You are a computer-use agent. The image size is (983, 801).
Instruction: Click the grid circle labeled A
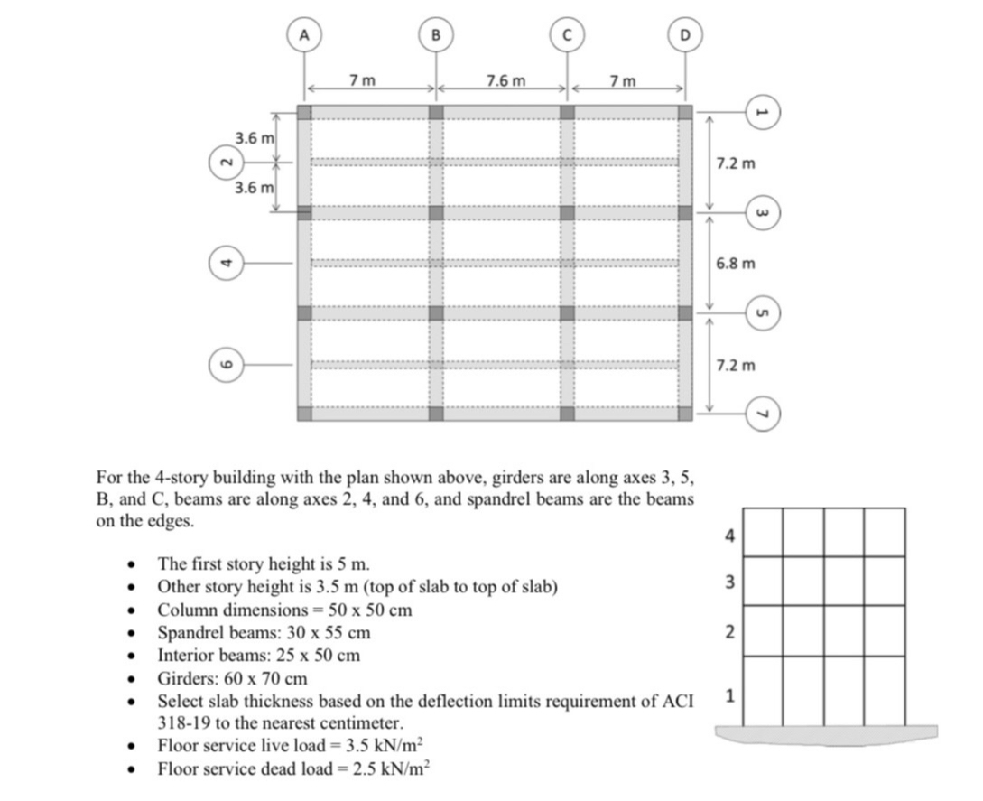coord(304,35)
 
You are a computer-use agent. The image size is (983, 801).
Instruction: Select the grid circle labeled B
coord(436,35)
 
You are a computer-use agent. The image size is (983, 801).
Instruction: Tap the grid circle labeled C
coord(567,35)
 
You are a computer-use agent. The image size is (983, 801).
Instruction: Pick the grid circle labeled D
coord(684,35)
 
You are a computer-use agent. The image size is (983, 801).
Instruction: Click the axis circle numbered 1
coord(761,113)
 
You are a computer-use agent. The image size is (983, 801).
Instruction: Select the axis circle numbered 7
coord(761,414)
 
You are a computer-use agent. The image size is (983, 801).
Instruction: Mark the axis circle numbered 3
coord(761,213)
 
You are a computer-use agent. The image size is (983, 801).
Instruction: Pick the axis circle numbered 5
coord(761,313)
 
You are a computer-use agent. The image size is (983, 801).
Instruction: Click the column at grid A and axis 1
coord(304,112)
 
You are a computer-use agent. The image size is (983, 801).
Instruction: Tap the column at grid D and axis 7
coord(685,414)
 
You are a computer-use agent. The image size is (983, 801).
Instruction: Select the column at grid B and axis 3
coord(436,213)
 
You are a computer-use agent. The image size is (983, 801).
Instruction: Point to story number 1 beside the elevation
coord(730,697)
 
